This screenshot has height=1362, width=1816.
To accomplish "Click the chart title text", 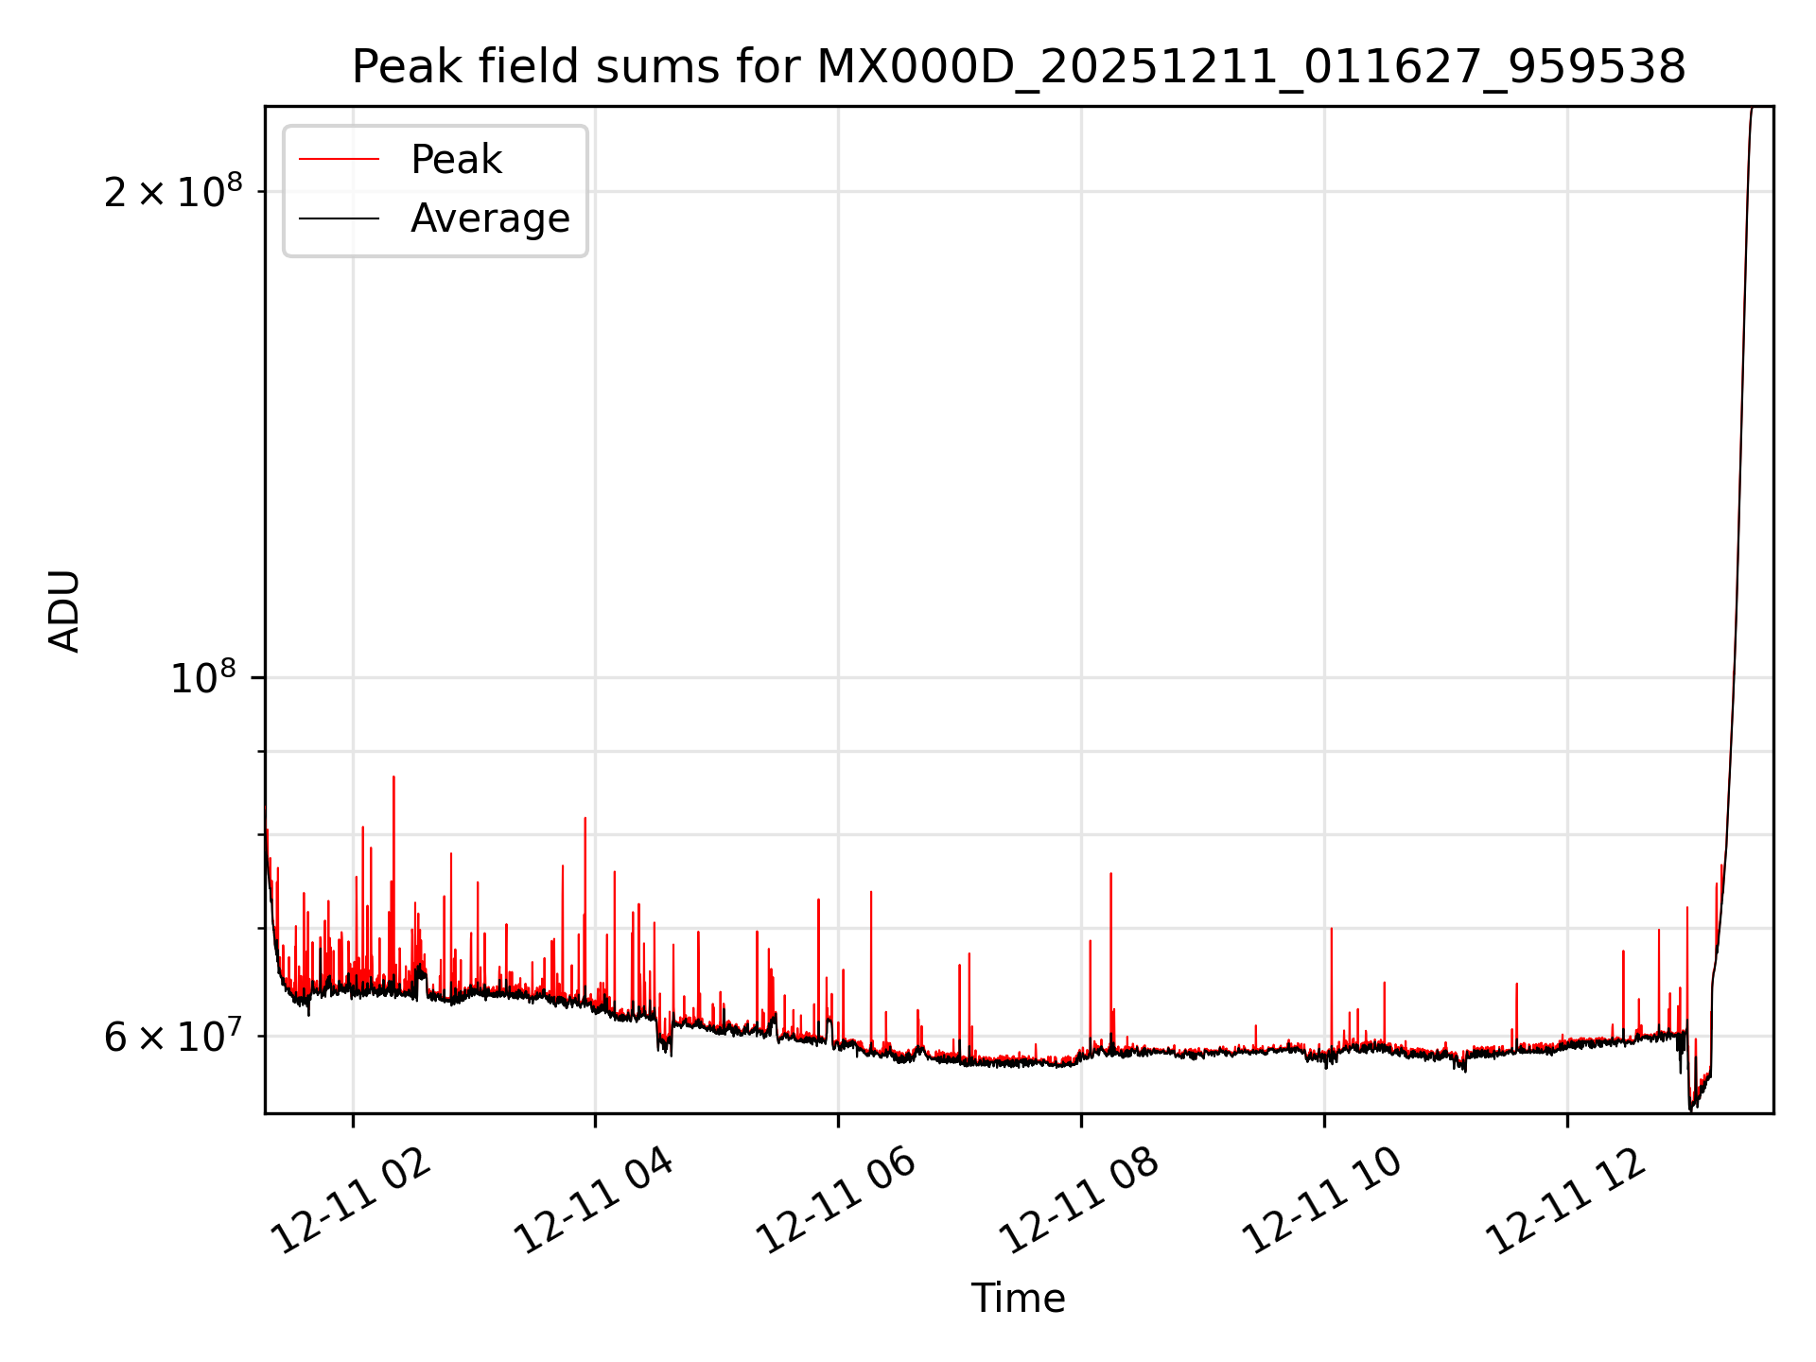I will [x=1018, y=68].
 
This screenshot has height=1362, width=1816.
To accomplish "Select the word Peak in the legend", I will [x=456, y=160].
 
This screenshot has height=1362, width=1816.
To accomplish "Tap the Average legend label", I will [x=490, y=218].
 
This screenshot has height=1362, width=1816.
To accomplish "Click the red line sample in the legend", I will [x=339, y=160].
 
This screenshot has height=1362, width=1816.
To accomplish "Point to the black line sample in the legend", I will [x=339, y=218].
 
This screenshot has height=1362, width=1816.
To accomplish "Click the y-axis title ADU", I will [x=64, y=611].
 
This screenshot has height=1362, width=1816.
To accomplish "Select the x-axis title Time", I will [x=1018, y=1299].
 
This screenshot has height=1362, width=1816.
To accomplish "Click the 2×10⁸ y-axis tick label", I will [x=172, y=192].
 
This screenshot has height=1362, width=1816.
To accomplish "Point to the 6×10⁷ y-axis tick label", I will [x=172, y=1037].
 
